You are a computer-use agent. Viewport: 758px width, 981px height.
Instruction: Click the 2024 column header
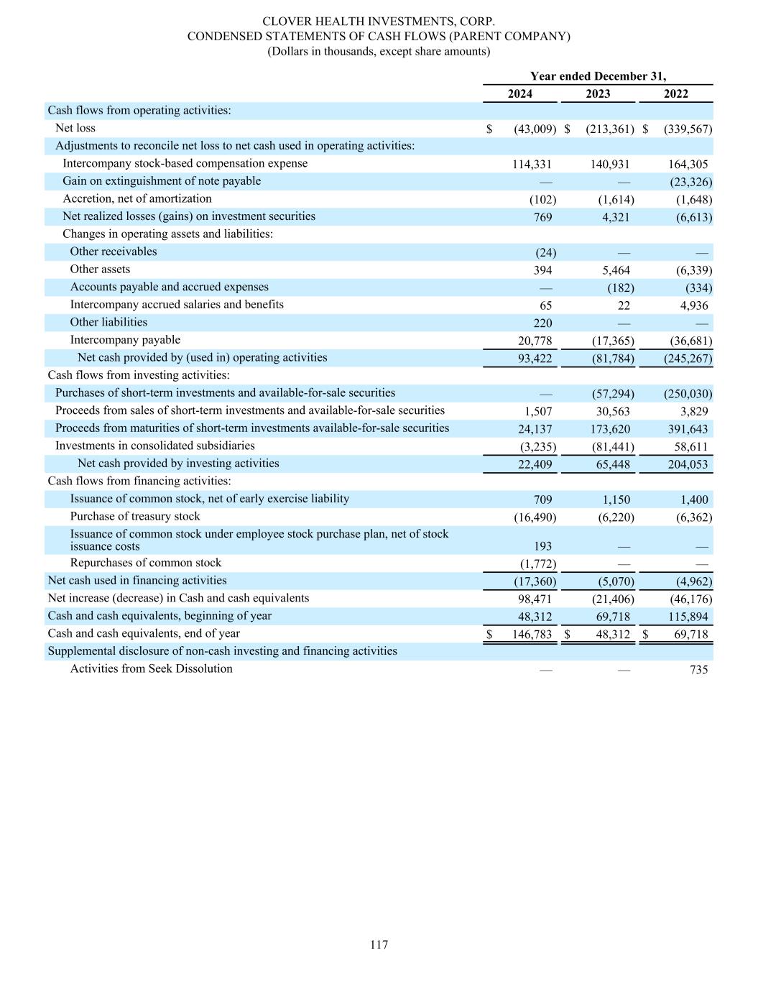point(520,94)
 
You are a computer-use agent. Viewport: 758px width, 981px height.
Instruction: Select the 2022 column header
point(675,94)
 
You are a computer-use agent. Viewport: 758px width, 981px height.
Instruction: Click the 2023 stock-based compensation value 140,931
point(610,165)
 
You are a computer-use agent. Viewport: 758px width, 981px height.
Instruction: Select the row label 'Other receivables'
point(113,252)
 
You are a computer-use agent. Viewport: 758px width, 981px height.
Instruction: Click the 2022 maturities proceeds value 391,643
point(688,430)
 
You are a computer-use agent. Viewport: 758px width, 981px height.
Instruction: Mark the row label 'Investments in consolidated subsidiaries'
point(154,446)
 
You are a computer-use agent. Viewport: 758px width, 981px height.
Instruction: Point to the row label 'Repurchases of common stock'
point(145,563)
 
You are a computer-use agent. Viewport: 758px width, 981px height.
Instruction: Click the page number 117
point(379,944)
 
